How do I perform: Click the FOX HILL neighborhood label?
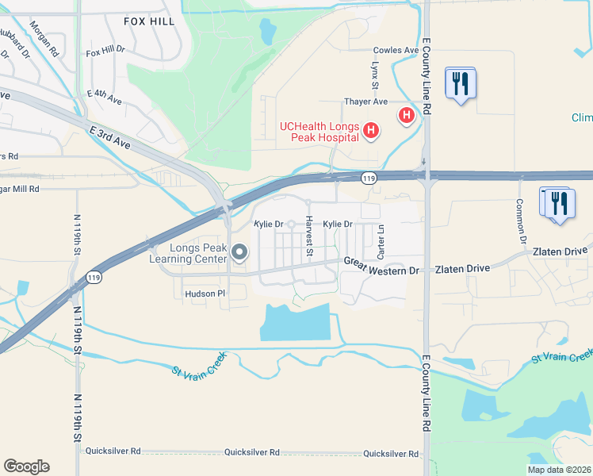147,22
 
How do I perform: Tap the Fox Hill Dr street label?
105,50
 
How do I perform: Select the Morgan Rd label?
44,38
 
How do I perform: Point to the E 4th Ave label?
105,98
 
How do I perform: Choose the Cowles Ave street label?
396,50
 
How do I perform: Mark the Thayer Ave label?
365,102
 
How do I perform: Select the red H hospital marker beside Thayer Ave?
407,116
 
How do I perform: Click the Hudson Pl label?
205,294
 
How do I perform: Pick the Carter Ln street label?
381,241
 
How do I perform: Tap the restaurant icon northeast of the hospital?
461,83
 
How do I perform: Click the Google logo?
26,466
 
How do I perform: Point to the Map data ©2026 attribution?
558,470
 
